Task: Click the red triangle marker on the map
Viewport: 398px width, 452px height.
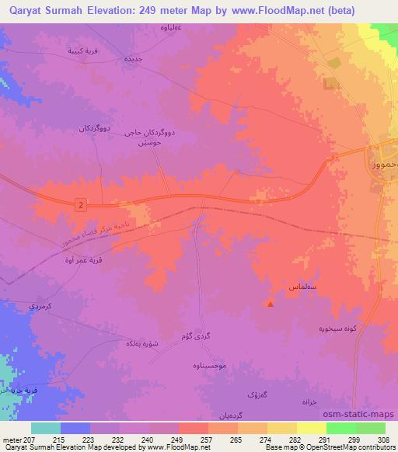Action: pyautogui.click(x=271, y=304)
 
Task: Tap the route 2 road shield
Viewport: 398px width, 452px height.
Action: pyautogui.click(x=80, y=203)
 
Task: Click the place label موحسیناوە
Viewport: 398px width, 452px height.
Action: pyautogui.click(x=205, y=363)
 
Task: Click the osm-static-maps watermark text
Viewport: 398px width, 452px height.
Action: pyautogui.click(x=365, y=413)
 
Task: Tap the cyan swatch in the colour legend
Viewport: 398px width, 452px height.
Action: pyautogui.click(x=45, y=427)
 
